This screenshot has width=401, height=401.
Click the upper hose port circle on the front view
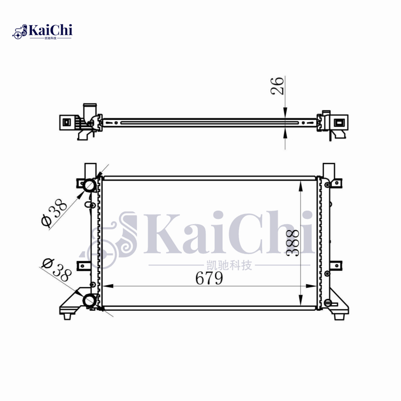tap(90, 185)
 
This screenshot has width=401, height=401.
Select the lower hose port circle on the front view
tap(90, 300)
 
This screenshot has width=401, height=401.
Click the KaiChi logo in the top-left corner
tap(43, 31)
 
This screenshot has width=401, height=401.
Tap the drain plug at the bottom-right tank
tap(329, 302)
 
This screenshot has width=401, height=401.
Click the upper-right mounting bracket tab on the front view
tap(338, 184)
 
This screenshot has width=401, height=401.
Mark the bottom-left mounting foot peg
tap(67, 316)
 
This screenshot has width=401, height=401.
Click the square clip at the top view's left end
tap(67, 122)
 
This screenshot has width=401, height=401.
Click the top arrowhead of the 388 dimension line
tap(300, 186)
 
